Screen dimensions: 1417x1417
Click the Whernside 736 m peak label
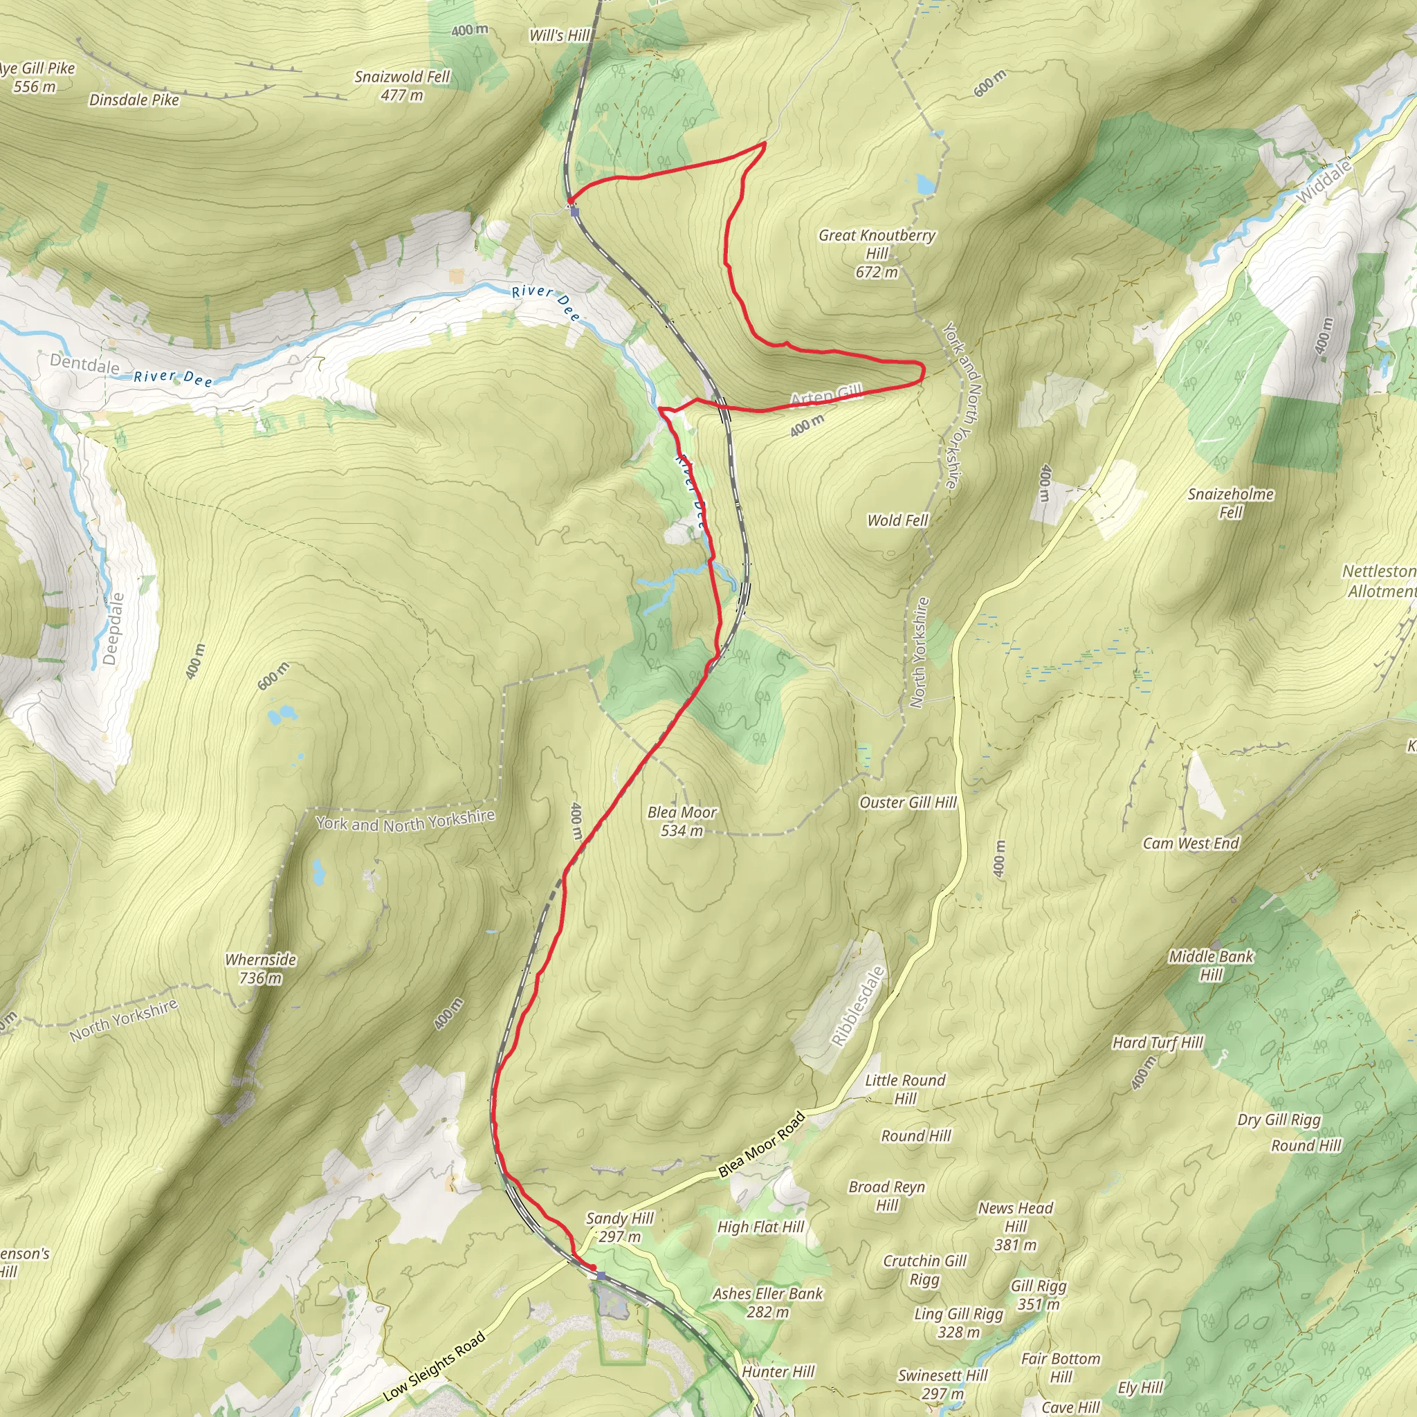pyautogui.click(x=260, y=968)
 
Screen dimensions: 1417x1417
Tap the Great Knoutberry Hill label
pyautogui.click(x=877, y=253)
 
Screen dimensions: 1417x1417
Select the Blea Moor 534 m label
pyautogui.click(x=682, y=821)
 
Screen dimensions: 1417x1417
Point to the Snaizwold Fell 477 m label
pyautogui.click(x=402, y=86)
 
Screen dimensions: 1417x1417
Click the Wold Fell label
pyautogui.click(x=897, y=520)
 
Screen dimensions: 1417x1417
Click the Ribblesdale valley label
pyautogui.click(x=858, y=1005)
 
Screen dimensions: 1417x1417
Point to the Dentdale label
pyautogui.click(x=84, y=363)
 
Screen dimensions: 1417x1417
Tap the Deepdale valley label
pyautogui.click(x=113, y=628)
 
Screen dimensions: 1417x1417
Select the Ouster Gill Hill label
pyautogui.click(x=908, y=803)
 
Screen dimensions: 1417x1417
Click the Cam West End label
pyautogui.click(x=1190, y=843)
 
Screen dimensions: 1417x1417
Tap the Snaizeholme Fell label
pyautogui.click(x=1230, y=502)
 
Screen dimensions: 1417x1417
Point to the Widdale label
pyautogui.click(x=1323, y=182)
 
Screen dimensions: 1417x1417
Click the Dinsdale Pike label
pyautogui.click(x=134, y=100)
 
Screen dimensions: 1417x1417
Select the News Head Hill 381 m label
pyautogui.click(x=1015, y=1225)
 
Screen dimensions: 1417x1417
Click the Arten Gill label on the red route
pyautogui.click(x=826, y=396)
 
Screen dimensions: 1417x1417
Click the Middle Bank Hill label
pyautogui.click(x=1211, y=965)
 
